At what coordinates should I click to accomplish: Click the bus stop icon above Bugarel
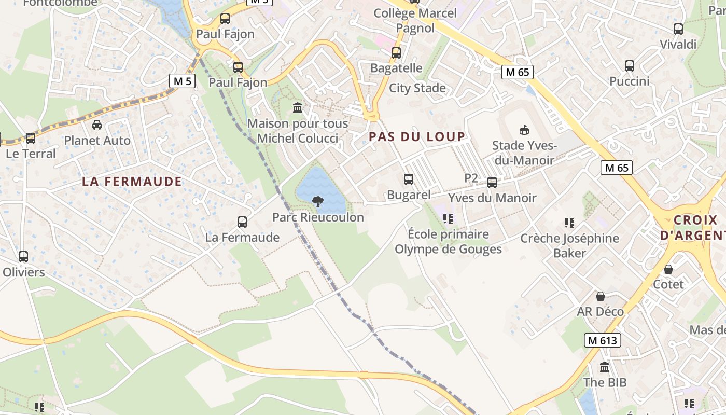(x=409, y=179)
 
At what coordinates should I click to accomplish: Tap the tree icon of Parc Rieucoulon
(x=318, y=201)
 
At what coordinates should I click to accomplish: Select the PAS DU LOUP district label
(x=417, y=136)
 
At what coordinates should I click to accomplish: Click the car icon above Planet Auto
(x=97, y=125)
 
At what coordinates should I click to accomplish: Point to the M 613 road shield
(x=602, y=340)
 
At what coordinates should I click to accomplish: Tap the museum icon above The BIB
(x=605, y=367)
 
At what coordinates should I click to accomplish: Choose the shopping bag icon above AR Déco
(x=601, y=296)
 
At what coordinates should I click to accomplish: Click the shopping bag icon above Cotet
(x=668, y=269)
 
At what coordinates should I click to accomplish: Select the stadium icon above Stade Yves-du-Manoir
(x=524, y=130)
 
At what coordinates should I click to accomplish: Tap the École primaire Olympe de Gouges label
(x=448, y=242)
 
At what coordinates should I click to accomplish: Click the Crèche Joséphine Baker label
(x=569, y=245)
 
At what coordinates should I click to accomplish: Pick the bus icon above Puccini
(x=630, y=66)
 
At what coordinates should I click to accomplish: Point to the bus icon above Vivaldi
(x=678, y=29)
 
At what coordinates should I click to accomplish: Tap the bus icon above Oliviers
(x=23, y=257)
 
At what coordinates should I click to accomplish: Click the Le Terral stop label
(x=31, y=154)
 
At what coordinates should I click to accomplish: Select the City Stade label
(x=417, y=88)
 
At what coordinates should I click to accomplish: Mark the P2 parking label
(x=471, y=178)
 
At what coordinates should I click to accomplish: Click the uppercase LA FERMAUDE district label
(x=132, y=182)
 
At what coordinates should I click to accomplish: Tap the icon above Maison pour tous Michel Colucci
(x=298, y=108)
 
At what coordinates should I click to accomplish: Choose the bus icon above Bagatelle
(x=396, y=53)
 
